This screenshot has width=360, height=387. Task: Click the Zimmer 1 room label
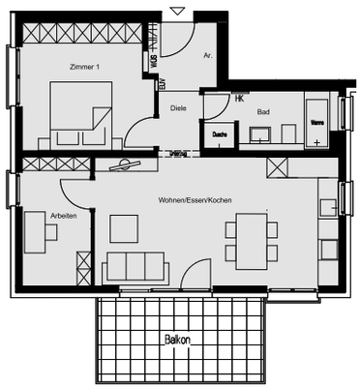pyautogui.click(x=86, y=67)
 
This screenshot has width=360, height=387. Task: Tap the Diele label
pyautogui.click(x=177, y=108)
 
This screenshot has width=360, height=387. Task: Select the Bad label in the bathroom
pyautogui.click(x=262, y=112)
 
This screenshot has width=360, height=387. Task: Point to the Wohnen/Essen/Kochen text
pyautogui.click(x=195, y=199)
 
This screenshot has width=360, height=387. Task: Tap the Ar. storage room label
pyautogui.click(x=207, y=56)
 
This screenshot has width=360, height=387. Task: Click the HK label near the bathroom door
pyautogui.click(x=239, y=98)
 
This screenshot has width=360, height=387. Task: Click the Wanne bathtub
pyautogui.click(x=317, y=120)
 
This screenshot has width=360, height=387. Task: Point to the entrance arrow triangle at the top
pyautogui.click(x=175, y=10)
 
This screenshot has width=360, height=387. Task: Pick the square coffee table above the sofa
pyautogui.click(x=125, y=228)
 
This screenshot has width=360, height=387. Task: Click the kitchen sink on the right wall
pyautogui.click(x=328, y=205)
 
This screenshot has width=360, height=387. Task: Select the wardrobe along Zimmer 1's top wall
pyautogui.click(x=84, y=32)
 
